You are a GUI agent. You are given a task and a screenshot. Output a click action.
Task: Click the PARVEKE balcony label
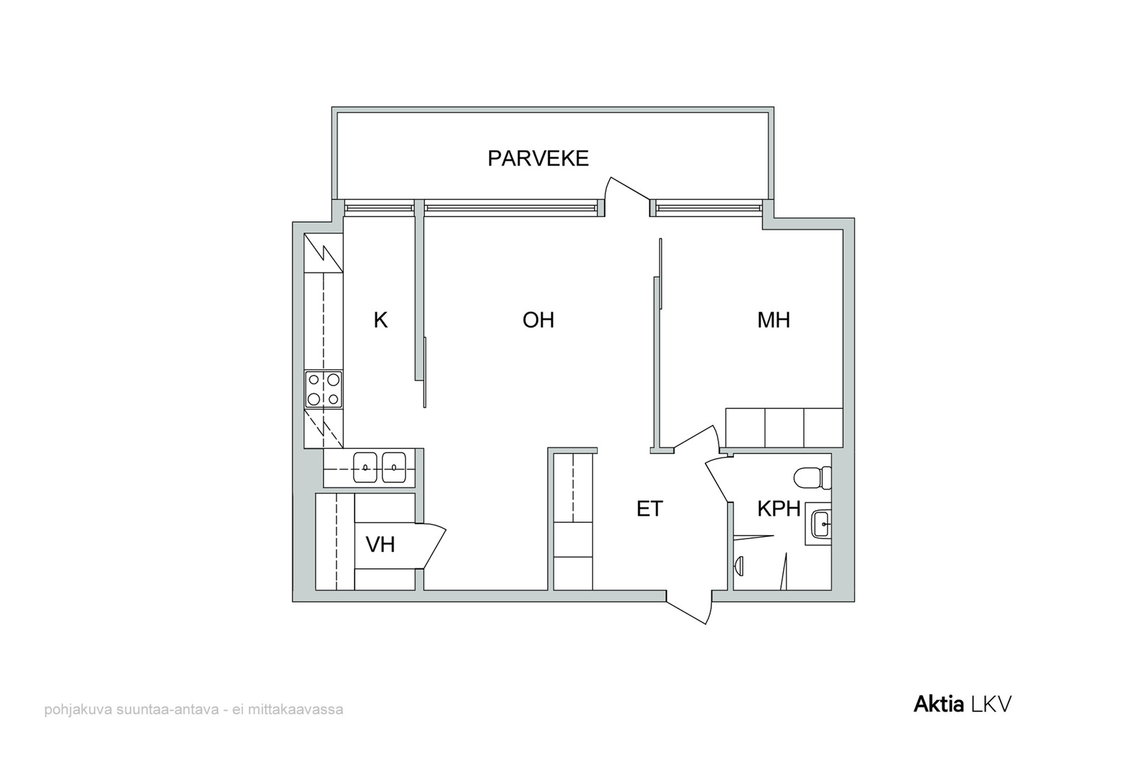coord(538,159)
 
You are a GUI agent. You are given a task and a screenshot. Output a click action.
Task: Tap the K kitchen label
coord(381,321)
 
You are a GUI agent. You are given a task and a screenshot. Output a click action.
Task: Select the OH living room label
coord(538,321)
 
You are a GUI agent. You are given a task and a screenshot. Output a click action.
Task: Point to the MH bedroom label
coord(774,321)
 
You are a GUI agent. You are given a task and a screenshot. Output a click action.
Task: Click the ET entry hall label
coord(650,509)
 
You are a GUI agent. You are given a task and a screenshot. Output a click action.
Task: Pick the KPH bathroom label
coord(779,509)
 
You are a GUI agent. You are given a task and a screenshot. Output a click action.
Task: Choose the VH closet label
coord(380,545)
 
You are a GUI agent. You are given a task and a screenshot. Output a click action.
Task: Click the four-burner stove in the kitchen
coord(323,389)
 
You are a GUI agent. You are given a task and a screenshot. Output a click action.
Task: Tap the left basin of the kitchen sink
coord(365,467)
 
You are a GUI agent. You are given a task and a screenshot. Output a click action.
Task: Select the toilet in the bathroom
coord(812,477)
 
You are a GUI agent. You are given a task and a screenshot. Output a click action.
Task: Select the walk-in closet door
coord(431,546)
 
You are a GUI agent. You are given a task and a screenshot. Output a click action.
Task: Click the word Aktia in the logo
coord(939,704)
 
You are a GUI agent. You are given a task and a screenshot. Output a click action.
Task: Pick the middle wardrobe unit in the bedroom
coord(785,428)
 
